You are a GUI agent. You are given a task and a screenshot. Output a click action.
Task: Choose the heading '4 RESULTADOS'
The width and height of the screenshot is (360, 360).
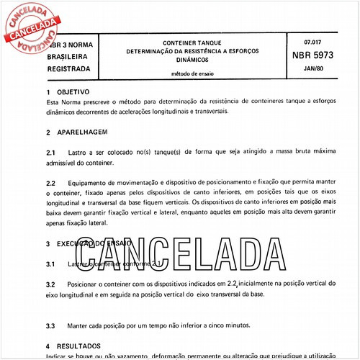coord(73,346)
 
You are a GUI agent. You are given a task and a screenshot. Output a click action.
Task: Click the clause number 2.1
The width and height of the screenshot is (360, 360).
coord(51,153)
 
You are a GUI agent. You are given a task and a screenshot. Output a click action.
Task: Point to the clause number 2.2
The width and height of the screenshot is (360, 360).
coord(51,184)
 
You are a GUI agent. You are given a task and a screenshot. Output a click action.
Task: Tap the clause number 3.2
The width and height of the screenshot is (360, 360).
coord(51,286)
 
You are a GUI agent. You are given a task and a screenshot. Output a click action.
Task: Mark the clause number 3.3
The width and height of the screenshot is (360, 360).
coord(51,325)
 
